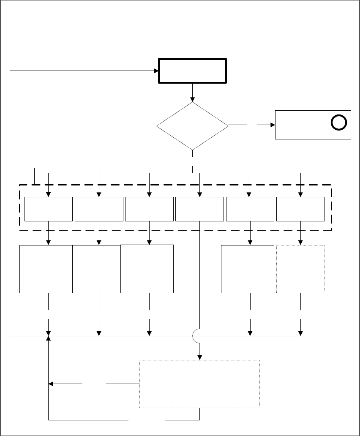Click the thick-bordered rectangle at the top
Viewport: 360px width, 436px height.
pyautogui.click(x=192, y=71)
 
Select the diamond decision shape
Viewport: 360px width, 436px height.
pyautogui.click(x=192, y=126)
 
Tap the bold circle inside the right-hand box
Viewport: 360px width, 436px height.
pyautogui.click(x=339, y=122)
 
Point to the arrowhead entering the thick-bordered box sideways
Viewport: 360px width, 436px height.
pyautogui.click(x=155, y=71)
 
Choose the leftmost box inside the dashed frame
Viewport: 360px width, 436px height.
pyautogui.click(x=48, y=209)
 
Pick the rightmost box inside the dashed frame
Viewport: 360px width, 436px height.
pyautogui.click(x=300, y=209)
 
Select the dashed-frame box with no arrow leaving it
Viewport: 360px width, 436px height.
pyautogui.click(x=199, y=209)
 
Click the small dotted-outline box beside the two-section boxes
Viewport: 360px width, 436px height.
pyautogui.click(x=300, y=269)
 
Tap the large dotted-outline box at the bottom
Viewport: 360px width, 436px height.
pyautogui.click(x=199, y=384)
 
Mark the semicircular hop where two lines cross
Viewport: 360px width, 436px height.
pyautogui.click(x=197, y=336)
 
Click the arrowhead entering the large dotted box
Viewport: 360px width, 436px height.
pyautogui.click(x=199, y=357)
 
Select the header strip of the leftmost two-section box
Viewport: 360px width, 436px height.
pyautogui.click(x=46, y=251)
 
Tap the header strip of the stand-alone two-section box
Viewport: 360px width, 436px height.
pyautogui.click(x=247, y=251)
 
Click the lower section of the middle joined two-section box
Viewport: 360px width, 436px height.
pyautogui.click(x=96, y=275)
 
